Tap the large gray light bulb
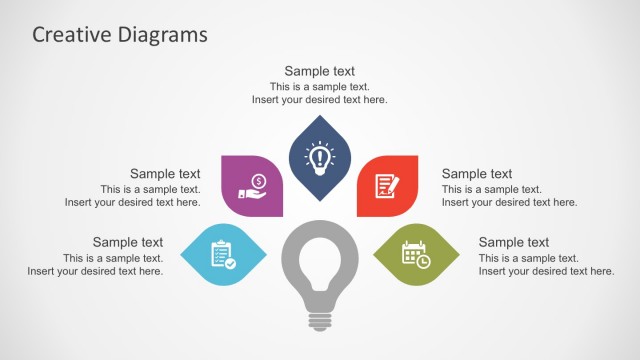tap(319, 256)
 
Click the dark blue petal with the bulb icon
tap(319, 157)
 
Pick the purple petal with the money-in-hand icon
tap(252, 184)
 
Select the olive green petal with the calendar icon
tap(415, 254)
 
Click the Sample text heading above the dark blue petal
tap(319, 71)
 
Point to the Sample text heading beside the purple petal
tap(165, 174)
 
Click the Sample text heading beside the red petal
tap(477, 174)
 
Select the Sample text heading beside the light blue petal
tap(128, 242)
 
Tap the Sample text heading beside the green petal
tap(514, 242)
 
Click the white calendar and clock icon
tap(416, 254)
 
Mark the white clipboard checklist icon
tap(223, 254)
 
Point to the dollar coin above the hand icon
tap(258, 180)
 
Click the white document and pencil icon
tap(386, 185)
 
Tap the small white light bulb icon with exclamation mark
tap(319, 157)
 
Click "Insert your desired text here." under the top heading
tap(319, 100)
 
